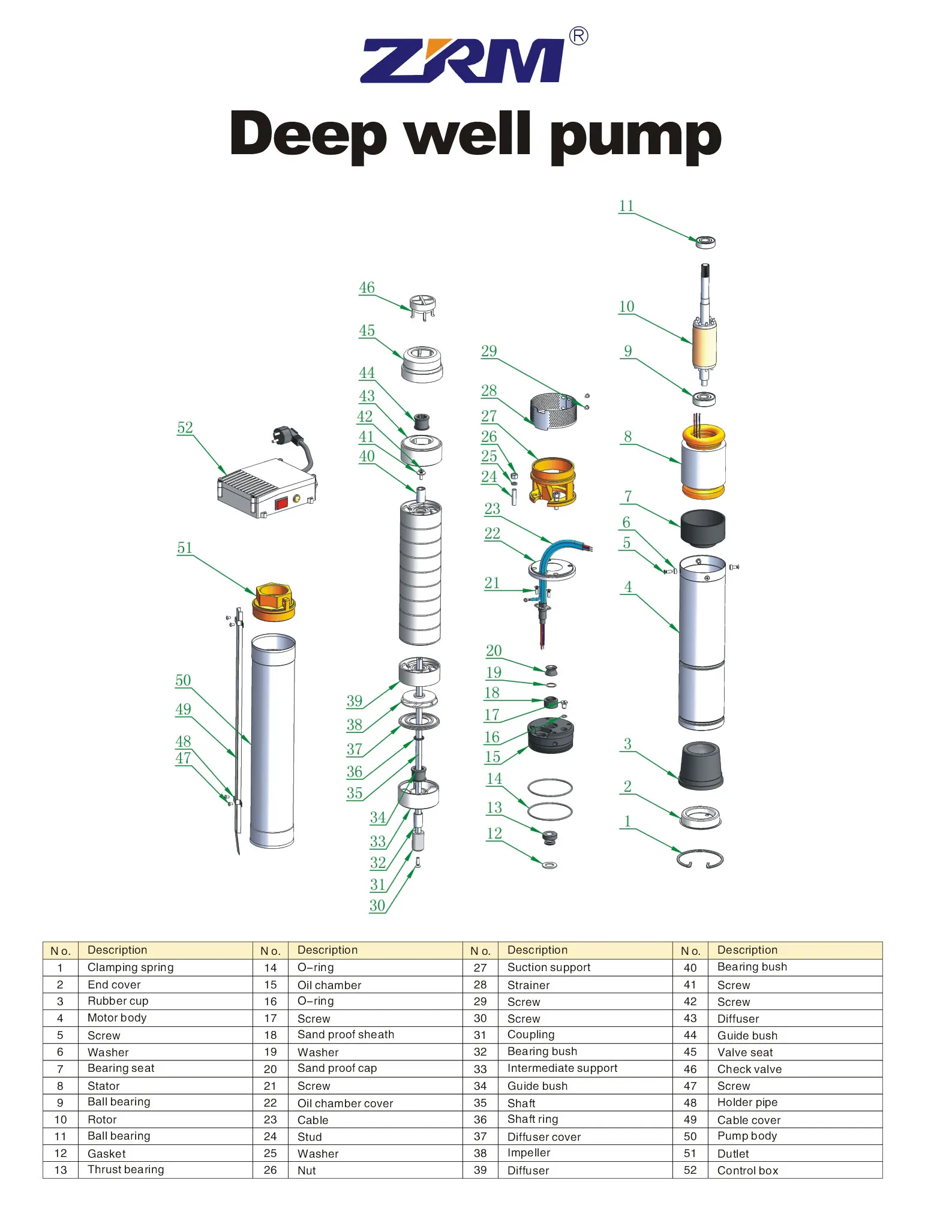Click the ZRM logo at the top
click(x=462, y=60)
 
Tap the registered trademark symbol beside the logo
click(x=578, y=37)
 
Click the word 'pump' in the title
click(x=636, y=136)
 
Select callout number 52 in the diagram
click(x=185, y=428)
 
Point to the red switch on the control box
click(x=281, y=503)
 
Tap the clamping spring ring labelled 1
click(x=699, y=859)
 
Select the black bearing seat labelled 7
click(x=702, y=528)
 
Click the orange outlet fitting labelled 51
click(x=274, y=602)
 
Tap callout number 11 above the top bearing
click(x=626, y=206)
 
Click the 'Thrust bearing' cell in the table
click(x=125, y=1170)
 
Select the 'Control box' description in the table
click(x=747, y=1170)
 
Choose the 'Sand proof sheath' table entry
click(x=346, y=1035)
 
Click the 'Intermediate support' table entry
click(x=562, y=1068)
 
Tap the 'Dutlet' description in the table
click(x=733, y=1153)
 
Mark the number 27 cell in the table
click(x=480, y=967)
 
